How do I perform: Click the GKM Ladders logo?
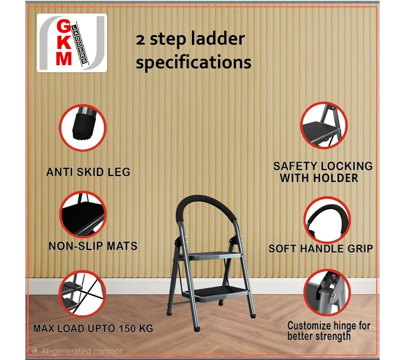[72, 43]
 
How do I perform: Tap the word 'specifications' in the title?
[193, 63]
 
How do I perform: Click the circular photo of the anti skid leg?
[83, 128]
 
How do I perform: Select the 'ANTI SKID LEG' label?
[88, 172]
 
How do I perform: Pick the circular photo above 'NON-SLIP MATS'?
[83, 215]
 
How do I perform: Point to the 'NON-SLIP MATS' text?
[93, 246]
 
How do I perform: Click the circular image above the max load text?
[82, 294]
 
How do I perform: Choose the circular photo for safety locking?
[324, 125]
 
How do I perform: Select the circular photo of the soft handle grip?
[327, 220]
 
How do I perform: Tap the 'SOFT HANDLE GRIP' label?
[321, 248]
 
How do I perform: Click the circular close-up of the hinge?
[327, 292]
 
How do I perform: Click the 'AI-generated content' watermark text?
[81, 351]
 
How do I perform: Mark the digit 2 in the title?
[140, 40]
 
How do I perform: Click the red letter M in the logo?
[64, 58]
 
